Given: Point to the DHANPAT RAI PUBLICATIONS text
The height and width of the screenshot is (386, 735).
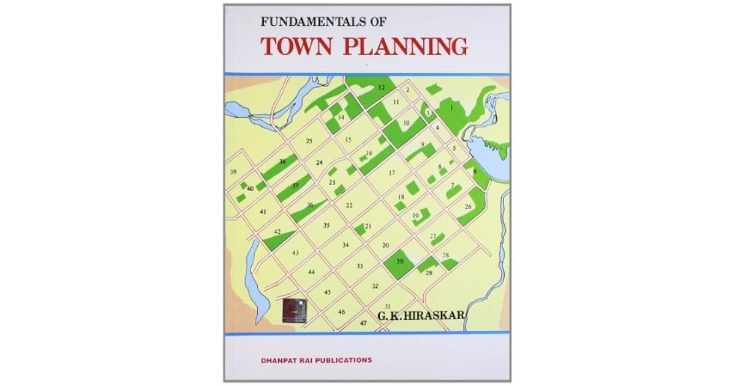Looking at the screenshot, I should (x=318, y=360).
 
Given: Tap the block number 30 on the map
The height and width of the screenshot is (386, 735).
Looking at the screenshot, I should (x=400, y=262).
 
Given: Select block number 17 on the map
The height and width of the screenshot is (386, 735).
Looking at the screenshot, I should (x=392, y=173).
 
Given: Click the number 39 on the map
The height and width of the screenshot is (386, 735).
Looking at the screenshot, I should (x=233, y=172).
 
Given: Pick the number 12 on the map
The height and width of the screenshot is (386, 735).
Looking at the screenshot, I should (x=381, y=88).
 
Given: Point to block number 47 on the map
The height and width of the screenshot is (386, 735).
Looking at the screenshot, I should (x=363, y=322).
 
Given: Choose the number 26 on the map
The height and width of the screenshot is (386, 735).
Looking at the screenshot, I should (x=469, y=206).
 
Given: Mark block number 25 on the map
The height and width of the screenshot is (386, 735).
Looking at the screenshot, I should (x=309, y=142).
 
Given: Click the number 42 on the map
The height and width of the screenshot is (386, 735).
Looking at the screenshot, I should (x=277, y=232).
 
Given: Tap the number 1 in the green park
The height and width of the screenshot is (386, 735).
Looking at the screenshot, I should (x=451, y=108).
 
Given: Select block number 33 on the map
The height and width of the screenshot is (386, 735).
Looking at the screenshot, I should (x=360, y=266).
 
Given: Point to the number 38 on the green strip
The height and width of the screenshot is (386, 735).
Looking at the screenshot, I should (x=282, y=162).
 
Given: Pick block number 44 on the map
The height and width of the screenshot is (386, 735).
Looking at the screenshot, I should (x=312, y=271).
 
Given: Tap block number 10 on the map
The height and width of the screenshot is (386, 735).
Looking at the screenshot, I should (x=406, y=124).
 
